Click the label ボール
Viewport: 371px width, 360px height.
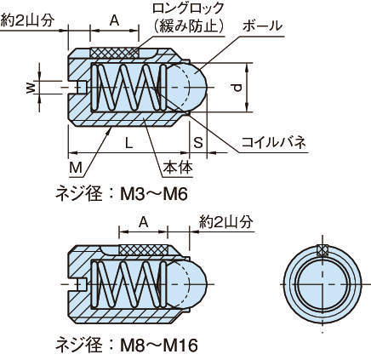click(x=262, y=26)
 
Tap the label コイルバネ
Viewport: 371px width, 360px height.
click(x=274, y=142)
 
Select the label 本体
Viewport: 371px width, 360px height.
click(x=178, y=168)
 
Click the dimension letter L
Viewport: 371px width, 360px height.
click(x=129, y=144)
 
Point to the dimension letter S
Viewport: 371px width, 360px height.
click(x=198, y=142)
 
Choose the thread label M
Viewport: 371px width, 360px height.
click(x=76, y=168)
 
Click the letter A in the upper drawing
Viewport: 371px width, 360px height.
click(x=114, y=20)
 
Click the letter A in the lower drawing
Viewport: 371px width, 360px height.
click(x=144, y=223)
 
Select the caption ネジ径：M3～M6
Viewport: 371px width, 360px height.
click(x=122, y=195)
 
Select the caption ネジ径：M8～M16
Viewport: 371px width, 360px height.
click(x=127, y=345)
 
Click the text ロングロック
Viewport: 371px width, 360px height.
click(x=188, y=8)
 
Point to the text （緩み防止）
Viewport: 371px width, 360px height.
click(x=188, y=26)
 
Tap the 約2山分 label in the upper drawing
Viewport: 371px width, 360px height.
click(x=27, y=20)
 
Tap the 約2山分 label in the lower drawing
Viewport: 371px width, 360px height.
click(x=225, y=222)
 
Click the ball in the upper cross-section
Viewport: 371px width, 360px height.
click(x=185, y=88)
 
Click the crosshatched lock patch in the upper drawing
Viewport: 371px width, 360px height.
click(x=114, y=53)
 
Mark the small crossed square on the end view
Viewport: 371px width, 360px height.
click(x=322, y=249)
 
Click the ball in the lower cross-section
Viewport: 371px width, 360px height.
click(x=185, y=283)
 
